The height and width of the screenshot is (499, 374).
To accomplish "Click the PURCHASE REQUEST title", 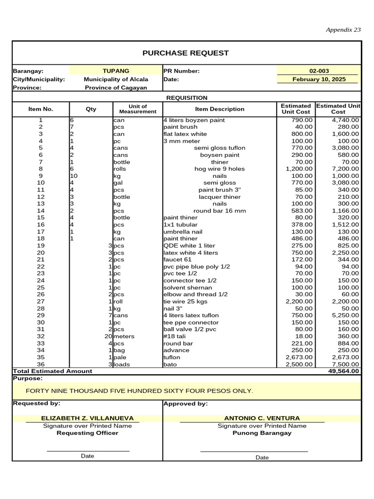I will tap(185, 53).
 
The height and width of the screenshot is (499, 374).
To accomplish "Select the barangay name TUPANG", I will tap(116, 71).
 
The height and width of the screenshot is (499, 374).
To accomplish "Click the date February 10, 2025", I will tap(319, 79).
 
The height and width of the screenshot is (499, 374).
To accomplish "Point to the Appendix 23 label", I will tap(343, 30).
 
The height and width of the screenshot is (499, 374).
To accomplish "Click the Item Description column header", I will tap(220, 109).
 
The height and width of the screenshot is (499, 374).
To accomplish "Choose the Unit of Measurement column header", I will tap(138, 109).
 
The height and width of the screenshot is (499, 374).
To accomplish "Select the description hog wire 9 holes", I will tap(220, 169).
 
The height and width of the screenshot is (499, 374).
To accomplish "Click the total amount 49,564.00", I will tap(344, 371).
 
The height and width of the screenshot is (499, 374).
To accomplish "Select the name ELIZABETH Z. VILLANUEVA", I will tap(82, 418).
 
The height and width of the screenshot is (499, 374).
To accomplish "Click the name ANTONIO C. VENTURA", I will tap(262, 418).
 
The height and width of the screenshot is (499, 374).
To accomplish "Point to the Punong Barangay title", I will tap(262, 433).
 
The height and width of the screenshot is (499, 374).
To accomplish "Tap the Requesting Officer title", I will tap(87, 433).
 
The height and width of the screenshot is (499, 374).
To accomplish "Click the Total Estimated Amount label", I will tap(52, 371).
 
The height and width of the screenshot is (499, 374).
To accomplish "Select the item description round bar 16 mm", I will tap(220, 211).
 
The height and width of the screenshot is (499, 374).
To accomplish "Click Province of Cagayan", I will tap(116, 88).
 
